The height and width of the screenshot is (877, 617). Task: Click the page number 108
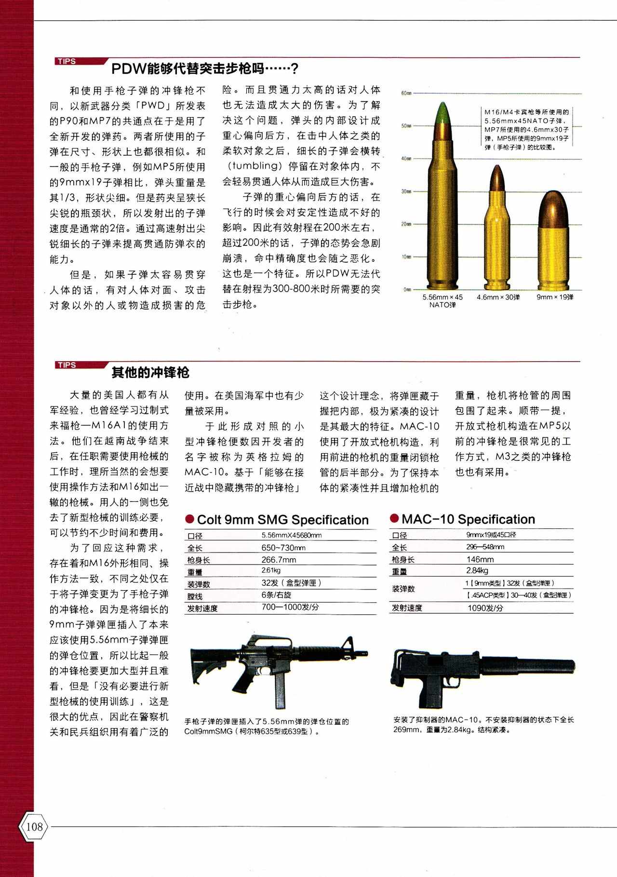34,826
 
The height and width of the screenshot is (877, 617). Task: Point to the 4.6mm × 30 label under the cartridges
498,297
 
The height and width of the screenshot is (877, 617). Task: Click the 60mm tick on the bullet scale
405,93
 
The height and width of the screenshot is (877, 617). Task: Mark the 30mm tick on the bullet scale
405,191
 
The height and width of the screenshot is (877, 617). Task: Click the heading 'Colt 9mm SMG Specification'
282,520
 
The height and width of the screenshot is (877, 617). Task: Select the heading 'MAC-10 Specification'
468,519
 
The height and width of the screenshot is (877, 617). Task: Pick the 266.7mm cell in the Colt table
279,560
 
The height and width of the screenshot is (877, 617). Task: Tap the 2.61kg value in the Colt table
271,570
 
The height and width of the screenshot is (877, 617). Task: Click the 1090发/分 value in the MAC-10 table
485,608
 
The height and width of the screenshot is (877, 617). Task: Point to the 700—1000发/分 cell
290,607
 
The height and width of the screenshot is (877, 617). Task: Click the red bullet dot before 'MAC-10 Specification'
394,519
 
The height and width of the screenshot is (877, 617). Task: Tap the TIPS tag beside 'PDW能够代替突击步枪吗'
67,61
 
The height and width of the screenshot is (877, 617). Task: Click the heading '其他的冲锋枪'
150,373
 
